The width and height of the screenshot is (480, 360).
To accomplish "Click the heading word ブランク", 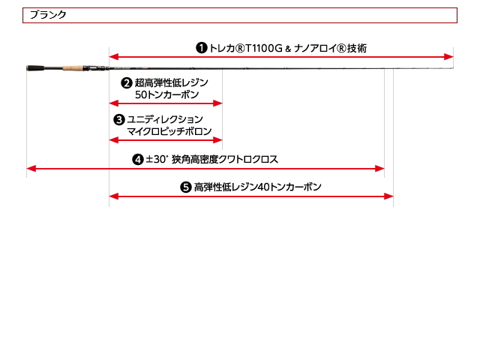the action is (x=48, y=15).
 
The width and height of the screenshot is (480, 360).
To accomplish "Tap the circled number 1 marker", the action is (x=202, y=48).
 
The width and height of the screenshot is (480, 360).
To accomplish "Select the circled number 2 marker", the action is (x=127, y=82).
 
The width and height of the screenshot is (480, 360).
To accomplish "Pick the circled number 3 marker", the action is (x=119, y=120).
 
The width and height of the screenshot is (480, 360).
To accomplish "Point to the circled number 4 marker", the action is (x=138, y=160).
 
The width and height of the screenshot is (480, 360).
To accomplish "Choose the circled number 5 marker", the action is (x=186, y=187).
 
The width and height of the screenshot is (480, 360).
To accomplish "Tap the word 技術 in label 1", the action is (x=357, y=48).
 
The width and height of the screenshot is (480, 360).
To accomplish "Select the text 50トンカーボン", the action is (x=166, y=94).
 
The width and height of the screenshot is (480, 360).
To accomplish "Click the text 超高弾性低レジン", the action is (x=172, y=82).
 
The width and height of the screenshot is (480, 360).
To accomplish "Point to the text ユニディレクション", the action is (x=165, y=119).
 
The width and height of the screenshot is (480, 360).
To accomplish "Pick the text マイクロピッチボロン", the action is (x=169, y=131).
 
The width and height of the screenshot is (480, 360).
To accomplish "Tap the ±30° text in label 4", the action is (x=157, y=159).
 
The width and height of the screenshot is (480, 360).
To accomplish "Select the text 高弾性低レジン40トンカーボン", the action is (x=258, y=187).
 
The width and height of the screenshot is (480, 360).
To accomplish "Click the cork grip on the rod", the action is (x=73, y=67).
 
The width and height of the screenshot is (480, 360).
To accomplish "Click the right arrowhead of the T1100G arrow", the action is (x=448, y=57).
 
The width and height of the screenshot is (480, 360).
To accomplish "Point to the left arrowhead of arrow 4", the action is (x=31, y=168).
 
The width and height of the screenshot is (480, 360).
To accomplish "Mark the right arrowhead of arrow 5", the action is (x=388, y=196).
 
